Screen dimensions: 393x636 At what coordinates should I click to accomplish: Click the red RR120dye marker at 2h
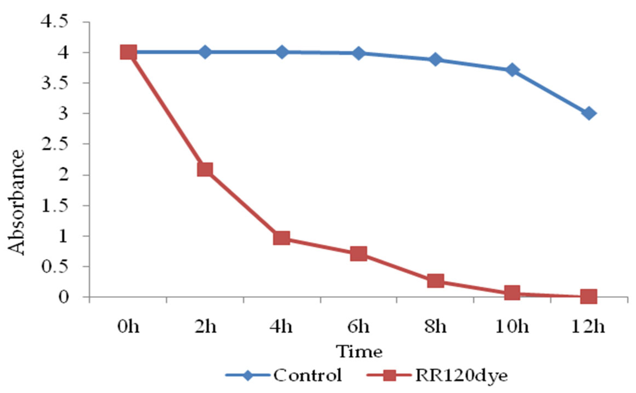click(x=205, y=170)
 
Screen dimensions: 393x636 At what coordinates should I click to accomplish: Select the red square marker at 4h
click(x=282, y=238)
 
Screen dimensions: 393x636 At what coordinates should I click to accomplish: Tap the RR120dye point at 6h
click(x=359, y=254)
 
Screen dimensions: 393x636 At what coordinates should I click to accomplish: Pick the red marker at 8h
click(x=436, y=281)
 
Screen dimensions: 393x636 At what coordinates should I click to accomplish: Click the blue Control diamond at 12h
click(x=589, y=113)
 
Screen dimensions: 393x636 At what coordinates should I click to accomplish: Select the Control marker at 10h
click(x=512, y=70)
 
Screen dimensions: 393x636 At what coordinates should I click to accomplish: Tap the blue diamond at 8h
click(x=436, y=60)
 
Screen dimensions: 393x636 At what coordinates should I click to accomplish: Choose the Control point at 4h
click(x=282, y=52)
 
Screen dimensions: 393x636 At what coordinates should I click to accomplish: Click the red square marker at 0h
click(x=128, y=52)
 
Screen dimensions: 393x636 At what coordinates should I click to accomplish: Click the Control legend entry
click(x=307, y=375)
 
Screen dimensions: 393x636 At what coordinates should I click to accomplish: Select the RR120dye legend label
click(x=461, y=376)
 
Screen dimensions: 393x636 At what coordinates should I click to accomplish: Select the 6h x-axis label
click(x=359, y=327)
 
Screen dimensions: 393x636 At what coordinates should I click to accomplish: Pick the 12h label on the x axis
click(x=588, y=327)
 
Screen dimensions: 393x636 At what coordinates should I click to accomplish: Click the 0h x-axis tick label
click(x=128, y=327)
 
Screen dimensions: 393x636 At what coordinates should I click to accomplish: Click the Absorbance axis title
click(x=16, y=202)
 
